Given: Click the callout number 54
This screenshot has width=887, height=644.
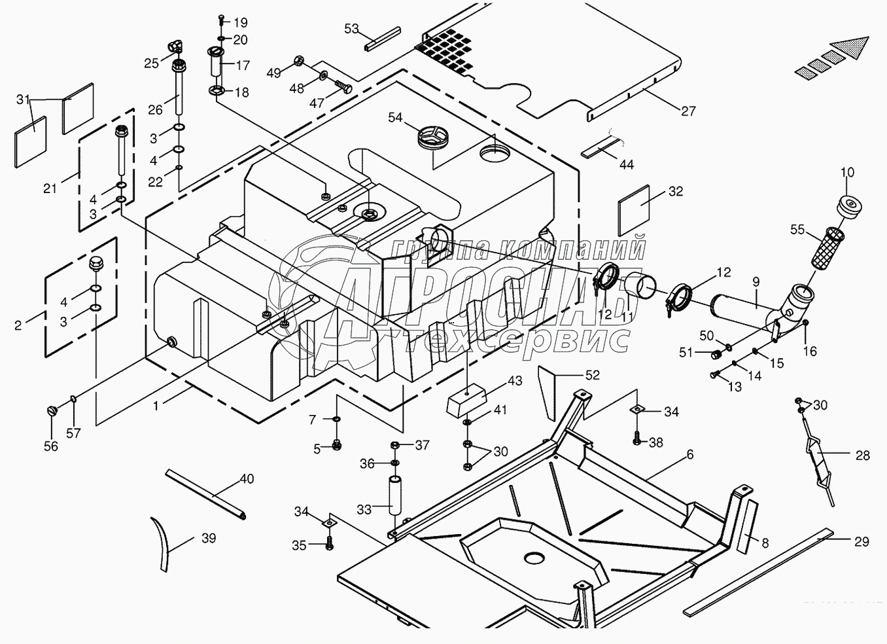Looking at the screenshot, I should pos(395,117).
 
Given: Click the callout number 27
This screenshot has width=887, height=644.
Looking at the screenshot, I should pos(688,111).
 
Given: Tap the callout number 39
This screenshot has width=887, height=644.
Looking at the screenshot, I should pos(209,538).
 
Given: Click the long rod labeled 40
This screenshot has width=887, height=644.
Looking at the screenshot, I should pos(204,493).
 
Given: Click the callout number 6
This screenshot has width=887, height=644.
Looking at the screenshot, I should pos(690,454).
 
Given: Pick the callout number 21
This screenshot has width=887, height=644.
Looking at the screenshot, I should pos(50,188).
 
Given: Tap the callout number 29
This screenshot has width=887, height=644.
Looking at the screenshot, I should pos(861,541).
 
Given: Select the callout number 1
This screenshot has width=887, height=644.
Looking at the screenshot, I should pos(156,406).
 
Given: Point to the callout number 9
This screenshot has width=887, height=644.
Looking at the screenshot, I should pos(756,282).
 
